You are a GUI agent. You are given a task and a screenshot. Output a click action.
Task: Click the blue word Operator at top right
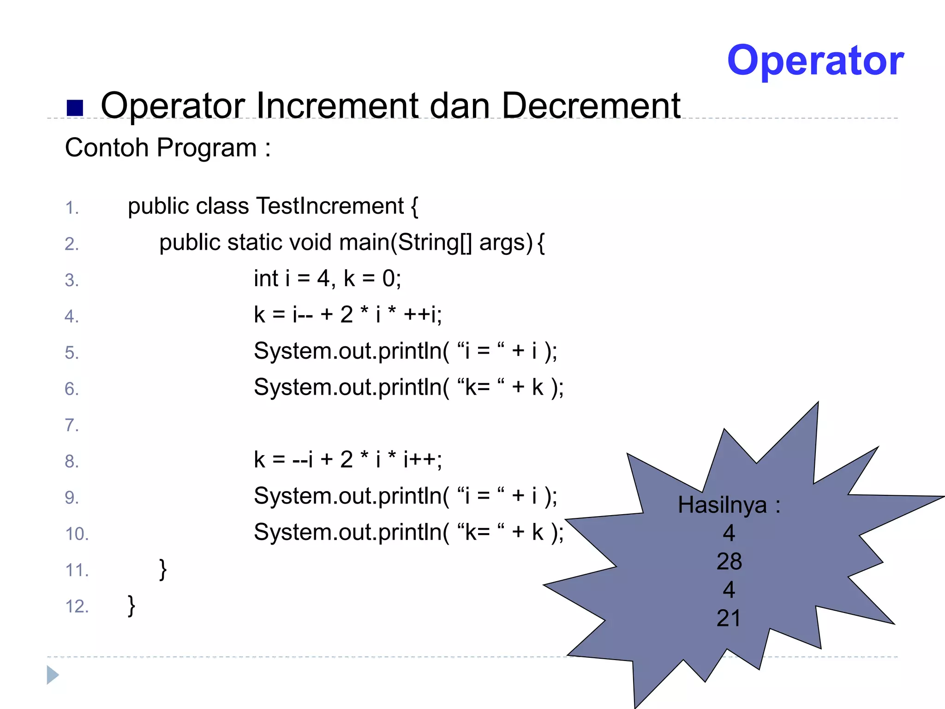pyautogui.click(x=815, y=60)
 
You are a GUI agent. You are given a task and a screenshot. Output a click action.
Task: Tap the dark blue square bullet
pyautogui.click(x=75, y=108)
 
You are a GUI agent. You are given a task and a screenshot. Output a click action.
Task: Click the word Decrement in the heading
pyautogui.click(x=591, y=106)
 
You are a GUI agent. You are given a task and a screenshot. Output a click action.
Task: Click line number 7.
pyautogui.click(x=72, y=425)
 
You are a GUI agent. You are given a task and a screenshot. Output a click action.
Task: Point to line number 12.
pyautogui.click(x=77, y=607)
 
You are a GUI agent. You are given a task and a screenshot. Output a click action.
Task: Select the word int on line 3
pyautogui.click(x=266, y=278)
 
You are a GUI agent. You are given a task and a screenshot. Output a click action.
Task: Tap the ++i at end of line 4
pyautogui.click(x=422, y=315)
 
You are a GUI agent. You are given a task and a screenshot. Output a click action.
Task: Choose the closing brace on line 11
pyautogui.click(x=162, y=570)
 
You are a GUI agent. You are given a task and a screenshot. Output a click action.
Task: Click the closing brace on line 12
pyautogui.click(x=132, y=606)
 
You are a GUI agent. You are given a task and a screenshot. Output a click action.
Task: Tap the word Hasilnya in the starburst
pyautogui.click(x=722, y=505)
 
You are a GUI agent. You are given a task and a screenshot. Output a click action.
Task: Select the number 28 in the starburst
pyautogui.click(x=729, y=562)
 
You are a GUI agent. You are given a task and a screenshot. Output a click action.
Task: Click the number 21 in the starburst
pyautogui.click(x=729, y=618)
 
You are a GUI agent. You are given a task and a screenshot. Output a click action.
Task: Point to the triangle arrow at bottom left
pyautogui.click(x=53, y=675)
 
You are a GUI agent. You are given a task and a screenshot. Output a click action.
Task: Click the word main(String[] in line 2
pyautogui.click(x=406, y=242)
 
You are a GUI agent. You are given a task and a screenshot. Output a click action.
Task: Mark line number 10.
pyautogui.click(x=77, y=534)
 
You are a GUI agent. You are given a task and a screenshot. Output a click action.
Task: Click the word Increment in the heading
pyautogui.click(x=336, y=106)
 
